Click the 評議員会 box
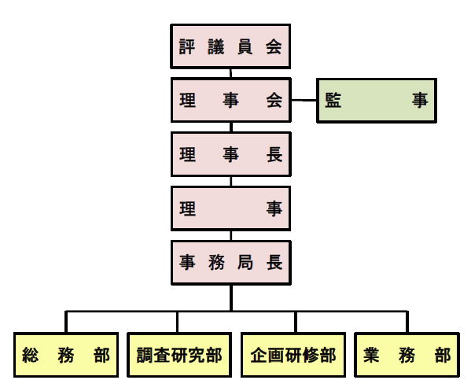tap(230, 46)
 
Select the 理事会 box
tap(231, 100)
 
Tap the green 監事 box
tap(377, 101)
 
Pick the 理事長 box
tap(231, 154)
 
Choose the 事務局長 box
tap(231, 262)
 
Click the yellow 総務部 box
tap(66, 355)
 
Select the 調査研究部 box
tap(179, 355)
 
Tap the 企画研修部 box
tap(293, 355)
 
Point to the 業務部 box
tap(407, 355)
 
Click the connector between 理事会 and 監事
tap(304, 100)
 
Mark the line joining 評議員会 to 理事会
tap(230, 73)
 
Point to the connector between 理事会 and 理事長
tap(231, 127)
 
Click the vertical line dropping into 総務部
tap(66, 322)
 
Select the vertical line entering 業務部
tap(407, 322)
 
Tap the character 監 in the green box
tap(333, 100)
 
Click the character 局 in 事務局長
tap(245, 262)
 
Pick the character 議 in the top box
tap(216, 46)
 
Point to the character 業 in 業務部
tap(371, 355)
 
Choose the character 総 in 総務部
tap(31, 355)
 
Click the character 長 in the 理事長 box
tap(274, 154)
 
